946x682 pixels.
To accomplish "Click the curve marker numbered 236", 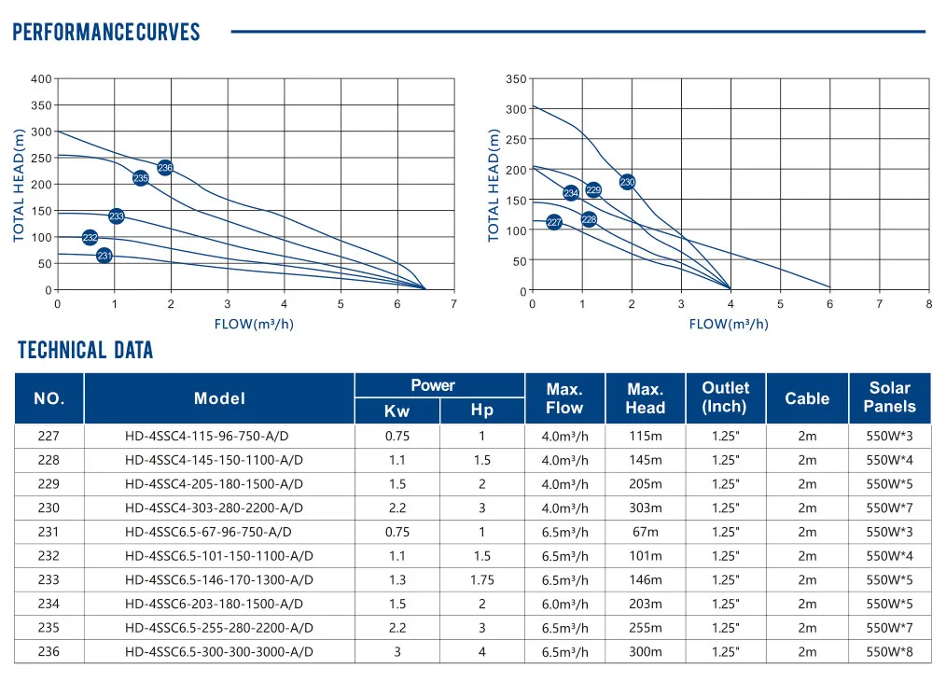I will point(165,168).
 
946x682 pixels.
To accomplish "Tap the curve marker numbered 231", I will point(104,256).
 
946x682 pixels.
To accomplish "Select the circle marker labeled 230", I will point(627,183).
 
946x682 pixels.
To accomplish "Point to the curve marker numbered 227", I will point(553,223).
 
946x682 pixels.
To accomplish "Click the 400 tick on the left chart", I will point(41,78).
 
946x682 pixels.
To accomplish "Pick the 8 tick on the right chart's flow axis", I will point(928,304).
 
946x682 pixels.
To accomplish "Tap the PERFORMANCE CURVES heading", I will point(105,33).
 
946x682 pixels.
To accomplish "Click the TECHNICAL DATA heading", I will point(85,351).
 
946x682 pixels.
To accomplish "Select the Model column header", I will point(219,398).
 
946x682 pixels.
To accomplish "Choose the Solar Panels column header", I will point(889,397).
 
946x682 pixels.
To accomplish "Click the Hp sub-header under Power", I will point(481,411).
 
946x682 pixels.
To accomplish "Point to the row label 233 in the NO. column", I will point(49,579).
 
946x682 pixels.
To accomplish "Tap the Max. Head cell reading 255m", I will point(645,628).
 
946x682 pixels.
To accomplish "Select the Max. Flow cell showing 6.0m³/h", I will point(564,605).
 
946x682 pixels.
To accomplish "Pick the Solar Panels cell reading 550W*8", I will point(889,652).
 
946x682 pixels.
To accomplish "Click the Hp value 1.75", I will point(481,579).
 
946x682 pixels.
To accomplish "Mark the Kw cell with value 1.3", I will point(396,579).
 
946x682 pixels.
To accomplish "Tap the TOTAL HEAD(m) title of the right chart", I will point(494,185).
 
